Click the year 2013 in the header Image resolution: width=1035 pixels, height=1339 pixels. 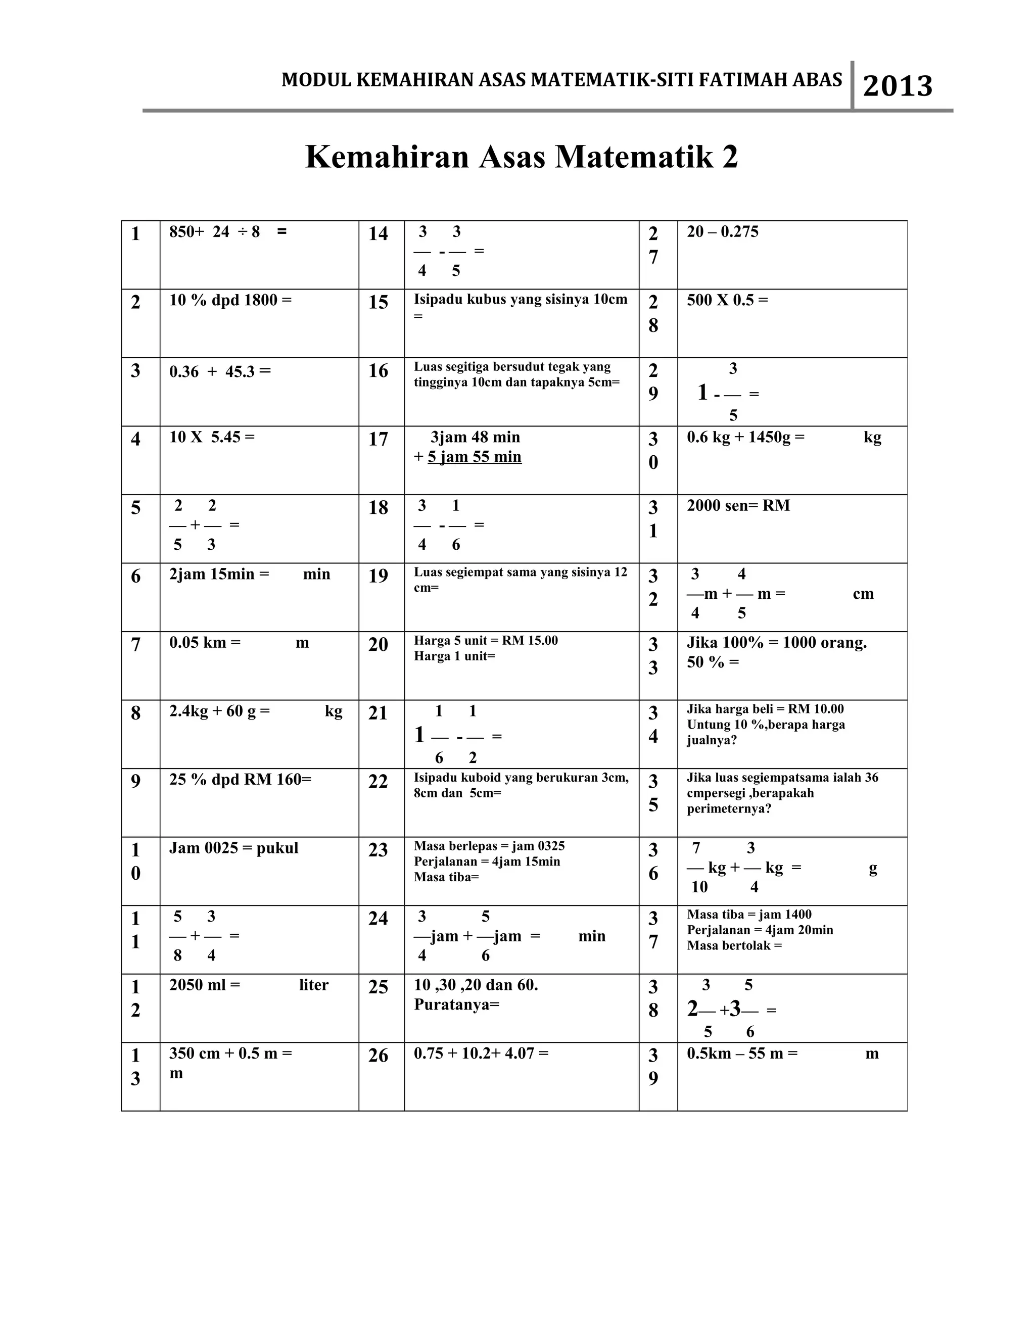click(897, 86)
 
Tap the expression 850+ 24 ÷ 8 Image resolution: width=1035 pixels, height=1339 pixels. click(215, 232)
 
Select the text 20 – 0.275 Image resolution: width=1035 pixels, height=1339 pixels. click(722, 232)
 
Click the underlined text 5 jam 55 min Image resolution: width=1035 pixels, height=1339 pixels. click(474, 457)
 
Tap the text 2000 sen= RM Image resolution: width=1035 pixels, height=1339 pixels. click(738, 506)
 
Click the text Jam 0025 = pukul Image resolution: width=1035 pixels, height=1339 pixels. click(233, 848)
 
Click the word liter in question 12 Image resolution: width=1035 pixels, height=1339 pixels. click(313, 985)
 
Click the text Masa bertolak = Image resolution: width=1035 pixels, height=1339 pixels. click(734, 945)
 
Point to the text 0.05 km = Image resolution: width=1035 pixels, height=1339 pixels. click(205, 643)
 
